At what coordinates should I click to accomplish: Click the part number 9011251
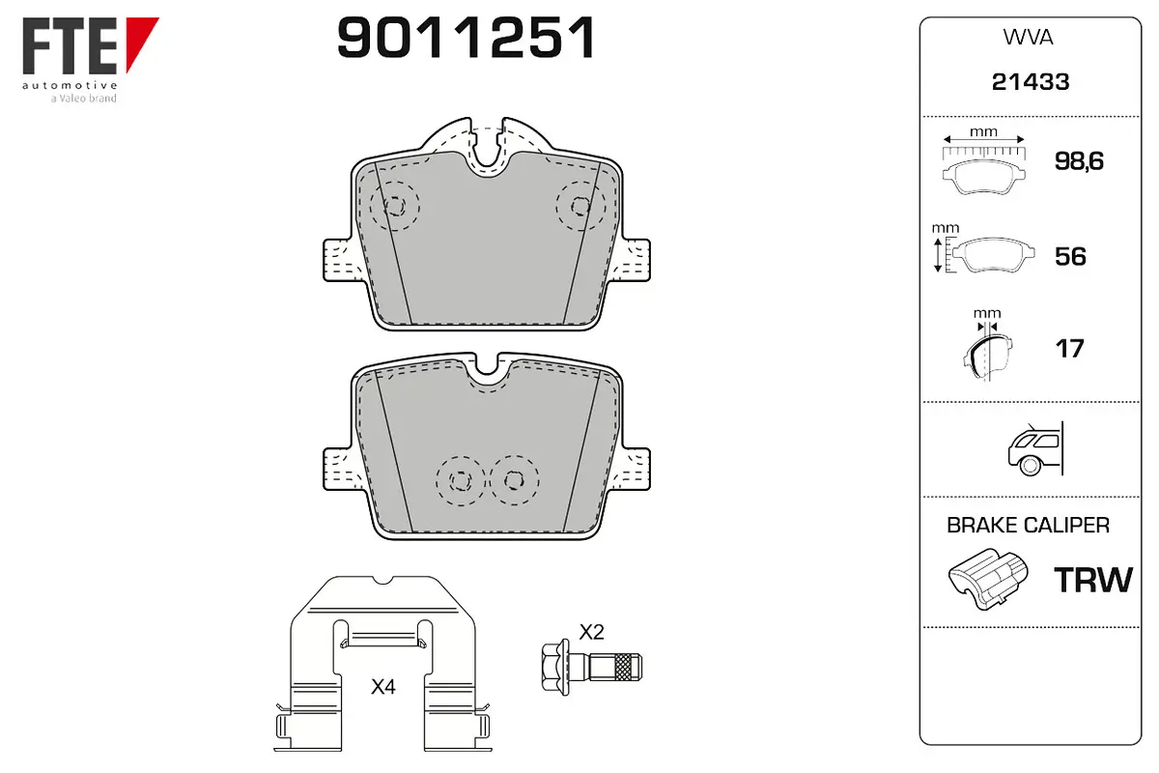click(466, 38)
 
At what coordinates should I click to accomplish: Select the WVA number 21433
click(1031, 82)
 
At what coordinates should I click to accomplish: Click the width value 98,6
click(1079, 161)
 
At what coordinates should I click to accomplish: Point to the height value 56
click(1070, 257)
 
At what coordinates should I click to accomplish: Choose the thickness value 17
click(1069, 349)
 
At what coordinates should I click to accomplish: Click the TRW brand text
click(1093, 580)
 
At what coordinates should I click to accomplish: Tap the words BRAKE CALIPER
click(1028, 525)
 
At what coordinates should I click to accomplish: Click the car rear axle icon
click(1035, 448)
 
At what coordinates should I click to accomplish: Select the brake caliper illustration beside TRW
click(988, 579)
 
